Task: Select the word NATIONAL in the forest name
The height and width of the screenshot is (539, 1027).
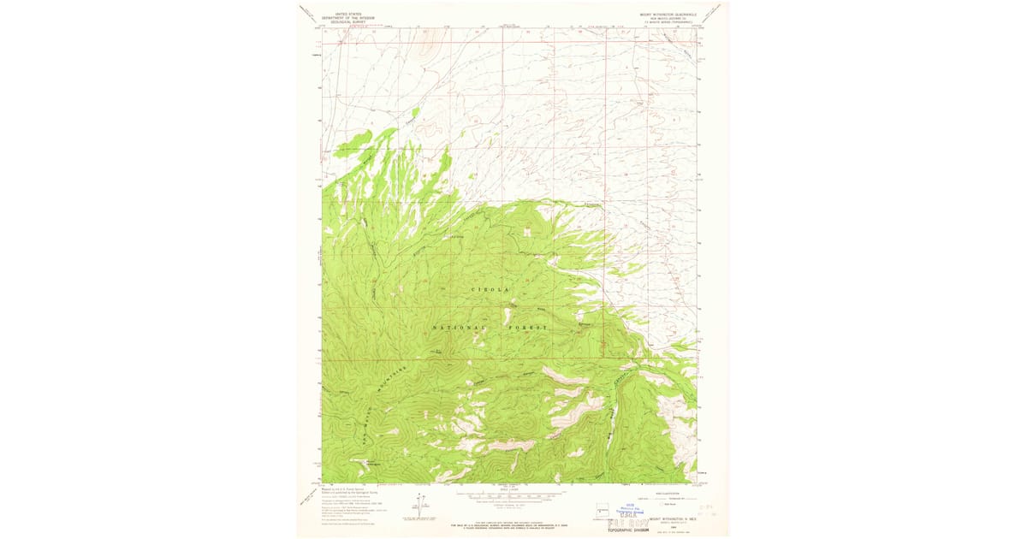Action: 460,328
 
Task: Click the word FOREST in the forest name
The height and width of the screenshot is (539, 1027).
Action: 527,328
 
